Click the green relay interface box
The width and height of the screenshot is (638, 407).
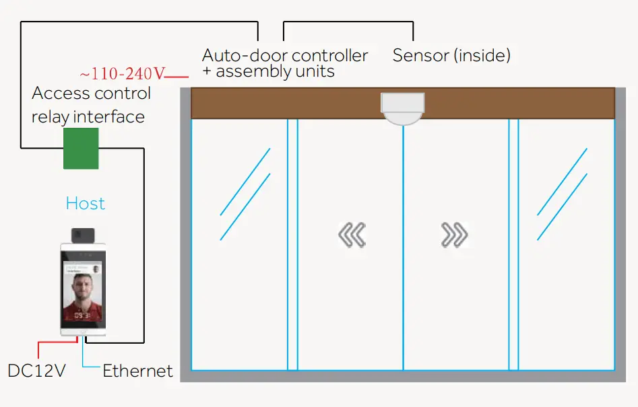pyautogui.click(x=81, y=148)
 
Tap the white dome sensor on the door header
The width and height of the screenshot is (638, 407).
pyautogui.click(x=402, y=108)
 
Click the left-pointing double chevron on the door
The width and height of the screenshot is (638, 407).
pyautogui.click(x=352, y=235)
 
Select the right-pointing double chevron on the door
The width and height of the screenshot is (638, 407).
pyautogui.click(x=454, y=235)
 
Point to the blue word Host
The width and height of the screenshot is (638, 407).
pyautogui.click(x=86, y=203)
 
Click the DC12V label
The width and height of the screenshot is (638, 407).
pyautogui.click(x=36, y=371)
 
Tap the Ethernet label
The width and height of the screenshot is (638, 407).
pyautogui.click(x=137, y=371)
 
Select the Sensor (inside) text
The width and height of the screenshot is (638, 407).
pyautogui.click(x=451, y=55)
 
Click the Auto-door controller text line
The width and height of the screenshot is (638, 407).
pyautogui.click(x=285, y=55)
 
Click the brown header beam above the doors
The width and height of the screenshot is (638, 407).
pyautogui.click(x=283, y=104)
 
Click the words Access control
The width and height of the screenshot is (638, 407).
pyautogui.click(x=92, y=93)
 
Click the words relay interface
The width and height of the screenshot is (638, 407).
pyautogui.click(x=88, y=116)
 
